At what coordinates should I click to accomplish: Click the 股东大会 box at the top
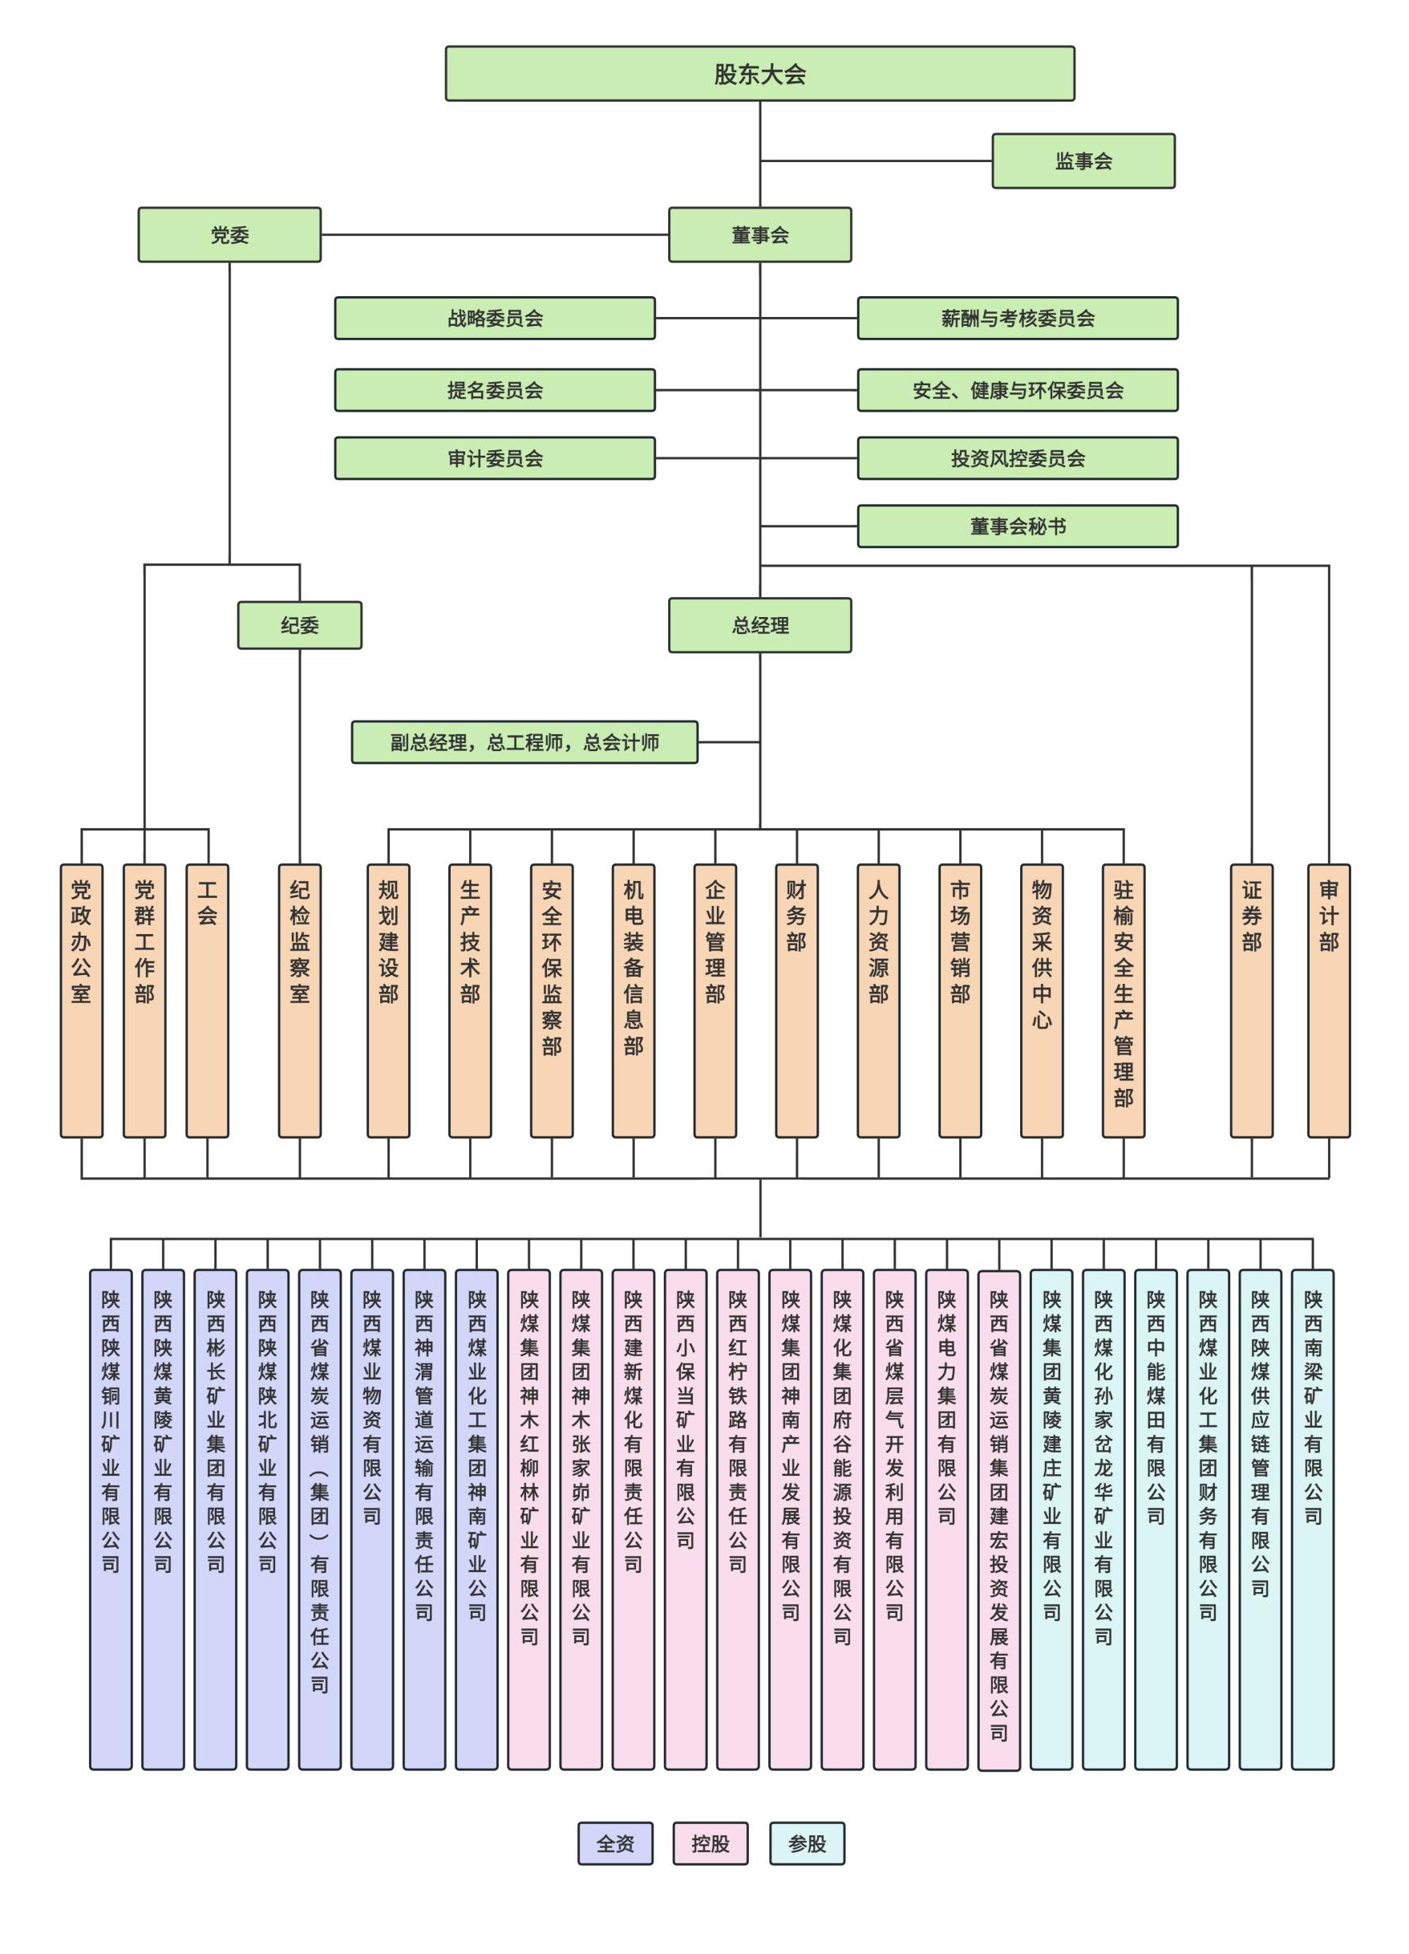pyautogui.click(x=759, y=74)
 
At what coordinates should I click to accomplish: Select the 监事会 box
pyautogui.click(x=1083, y=161)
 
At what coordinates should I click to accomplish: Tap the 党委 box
pyautogui.click(x=229, y=234)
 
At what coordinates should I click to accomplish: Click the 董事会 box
pyautogui.click(x=759, y=234)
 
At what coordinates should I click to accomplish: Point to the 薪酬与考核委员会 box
pyautogui.click(x=1016, y=319)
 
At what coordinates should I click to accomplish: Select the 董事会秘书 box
pyautogui.click(x=1016, y=526)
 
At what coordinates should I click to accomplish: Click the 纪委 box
pyautogui.click(x=300, y=625)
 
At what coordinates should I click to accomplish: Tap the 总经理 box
pyautogui.click(x=759, y=625)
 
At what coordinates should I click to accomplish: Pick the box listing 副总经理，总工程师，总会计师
pyautogui.click(x=524, y=742)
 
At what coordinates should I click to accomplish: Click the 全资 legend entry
pyautogui.click(x=614, y=1843)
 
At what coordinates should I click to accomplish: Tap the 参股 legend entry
pyautogui.click(x=806, y=1843)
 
